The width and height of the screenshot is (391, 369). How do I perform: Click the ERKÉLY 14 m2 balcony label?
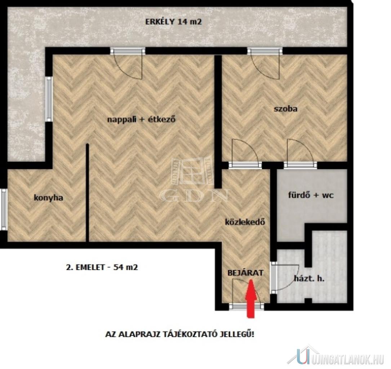173,22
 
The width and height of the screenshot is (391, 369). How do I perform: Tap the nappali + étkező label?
141,119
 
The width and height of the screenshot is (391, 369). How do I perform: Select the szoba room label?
285,109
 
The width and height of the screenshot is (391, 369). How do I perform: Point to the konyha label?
48,198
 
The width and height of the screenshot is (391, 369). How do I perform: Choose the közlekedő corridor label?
245,222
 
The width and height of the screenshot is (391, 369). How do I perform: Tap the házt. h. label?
309,279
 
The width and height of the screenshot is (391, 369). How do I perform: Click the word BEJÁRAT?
245,273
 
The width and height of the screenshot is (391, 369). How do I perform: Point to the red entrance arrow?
252,299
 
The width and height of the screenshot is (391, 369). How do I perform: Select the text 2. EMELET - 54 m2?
102,267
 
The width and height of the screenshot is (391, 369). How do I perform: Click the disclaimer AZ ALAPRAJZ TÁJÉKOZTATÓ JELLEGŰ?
180,334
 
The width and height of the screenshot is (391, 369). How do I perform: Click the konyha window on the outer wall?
4,209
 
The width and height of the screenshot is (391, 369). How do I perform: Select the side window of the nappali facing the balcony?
49,99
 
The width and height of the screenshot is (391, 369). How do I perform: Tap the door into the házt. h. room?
285,277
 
